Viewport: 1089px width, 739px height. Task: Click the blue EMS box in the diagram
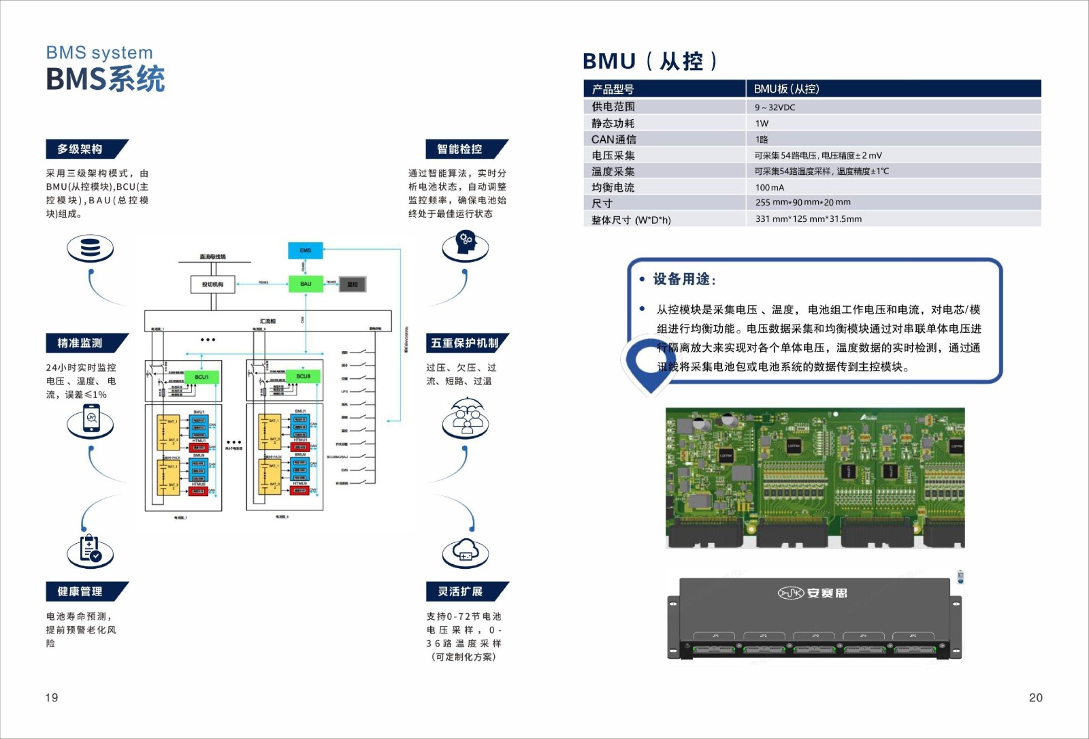point(305,250)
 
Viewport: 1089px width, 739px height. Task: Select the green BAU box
point(306,284)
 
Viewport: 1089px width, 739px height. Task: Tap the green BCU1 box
point(202,377)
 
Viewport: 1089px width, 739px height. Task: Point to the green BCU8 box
point(304,376)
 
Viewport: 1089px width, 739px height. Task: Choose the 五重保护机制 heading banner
point(465,343)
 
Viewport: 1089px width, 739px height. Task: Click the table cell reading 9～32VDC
point(775,108)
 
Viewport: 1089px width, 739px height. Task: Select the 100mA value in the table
point(770,188)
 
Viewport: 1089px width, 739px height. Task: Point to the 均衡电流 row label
point(613,188)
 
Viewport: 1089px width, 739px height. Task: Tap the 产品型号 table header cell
point(613,89)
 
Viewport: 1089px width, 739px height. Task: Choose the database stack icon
point(90,248)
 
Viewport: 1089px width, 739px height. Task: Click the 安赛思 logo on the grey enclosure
point(813,593)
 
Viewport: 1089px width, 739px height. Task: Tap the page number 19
point(52,697)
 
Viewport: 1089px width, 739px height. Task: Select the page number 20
point(1035,697)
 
